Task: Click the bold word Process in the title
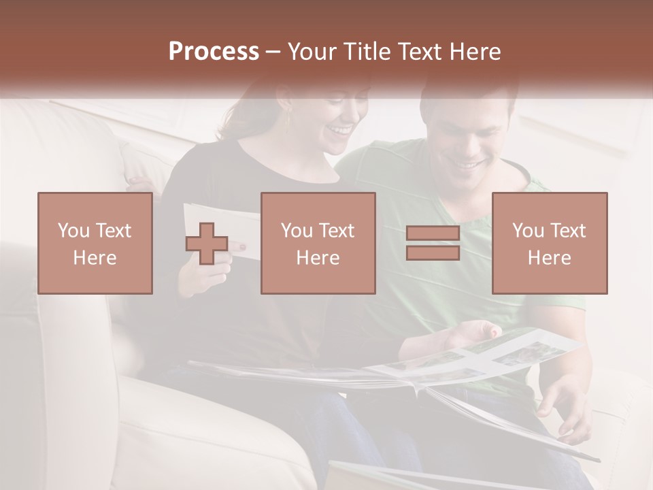214,52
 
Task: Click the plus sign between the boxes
207,244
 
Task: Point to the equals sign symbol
433,244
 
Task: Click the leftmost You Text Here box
95,244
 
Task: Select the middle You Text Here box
318,244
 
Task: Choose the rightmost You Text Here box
549,244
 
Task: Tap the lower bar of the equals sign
433,252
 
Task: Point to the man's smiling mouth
467,164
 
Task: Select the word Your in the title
312,52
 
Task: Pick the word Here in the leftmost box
95,258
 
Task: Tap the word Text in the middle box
337,231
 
